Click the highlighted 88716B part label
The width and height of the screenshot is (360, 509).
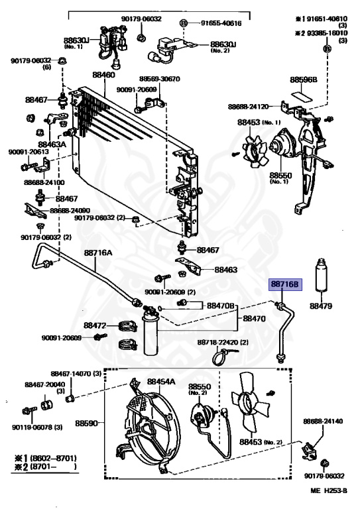[284, 285]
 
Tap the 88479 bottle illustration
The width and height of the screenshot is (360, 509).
[321, 275]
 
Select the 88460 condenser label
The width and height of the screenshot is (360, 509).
[103, 75]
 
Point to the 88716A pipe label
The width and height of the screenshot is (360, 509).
[98, 253]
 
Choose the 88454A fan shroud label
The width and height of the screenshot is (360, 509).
[161, 382]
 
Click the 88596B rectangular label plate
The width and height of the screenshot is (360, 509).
[302, 96]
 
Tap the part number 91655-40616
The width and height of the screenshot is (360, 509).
[221, 23]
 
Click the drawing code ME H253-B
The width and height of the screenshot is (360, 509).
[329, 491]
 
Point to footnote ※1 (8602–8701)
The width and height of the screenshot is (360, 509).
[46, 459]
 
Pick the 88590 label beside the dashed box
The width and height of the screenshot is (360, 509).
[86, 424]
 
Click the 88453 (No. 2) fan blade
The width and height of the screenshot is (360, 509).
[250, 402]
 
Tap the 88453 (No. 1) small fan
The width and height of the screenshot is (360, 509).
[256, 152]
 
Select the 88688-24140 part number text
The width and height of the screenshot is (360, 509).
[323, 422]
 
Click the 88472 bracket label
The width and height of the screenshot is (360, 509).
[95, 325]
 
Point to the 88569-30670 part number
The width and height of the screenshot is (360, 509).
[159, 79]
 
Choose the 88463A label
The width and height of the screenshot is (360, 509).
[52, 144]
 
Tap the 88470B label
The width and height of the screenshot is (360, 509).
[221, 306]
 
